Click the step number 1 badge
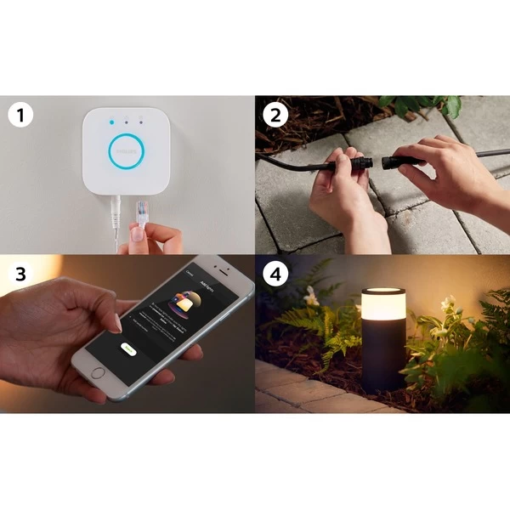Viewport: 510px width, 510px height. tap(20, 114)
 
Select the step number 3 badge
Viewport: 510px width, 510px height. tap(20, 274)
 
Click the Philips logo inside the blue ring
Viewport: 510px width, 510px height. tap(126, 150)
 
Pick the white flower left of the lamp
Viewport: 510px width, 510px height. tap(311, 297)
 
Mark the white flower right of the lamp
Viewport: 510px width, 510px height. tap(448, 303)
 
